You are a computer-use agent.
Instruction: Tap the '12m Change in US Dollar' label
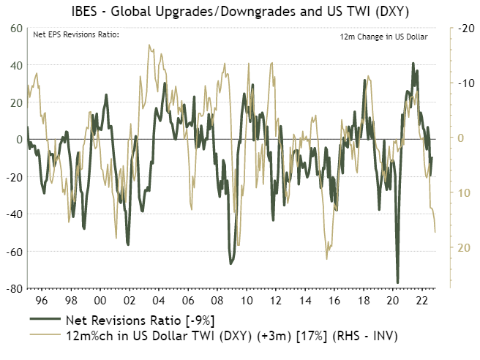tap(383, 36)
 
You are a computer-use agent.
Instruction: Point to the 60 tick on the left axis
tap(15, 28)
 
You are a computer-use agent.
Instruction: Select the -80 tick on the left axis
tap(14, 289)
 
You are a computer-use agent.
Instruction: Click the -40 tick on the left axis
tap(14, 214)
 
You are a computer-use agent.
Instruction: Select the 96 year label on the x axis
tap(42, 301)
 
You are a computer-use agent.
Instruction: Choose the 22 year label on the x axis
tap(422, 301)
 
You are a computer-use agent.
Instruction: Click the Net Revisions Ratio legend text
tap(140, 320)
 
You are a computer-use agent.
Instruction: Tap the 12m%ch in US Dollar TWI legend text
tap(231, 335)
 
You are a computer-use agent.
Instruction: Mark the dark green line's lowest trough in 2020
tap(398, 282)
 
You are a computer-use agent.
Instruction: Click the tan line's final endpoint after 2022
tap(435, 232)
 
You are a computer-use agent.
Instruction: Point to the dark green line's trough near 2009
tap(230, 263)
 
